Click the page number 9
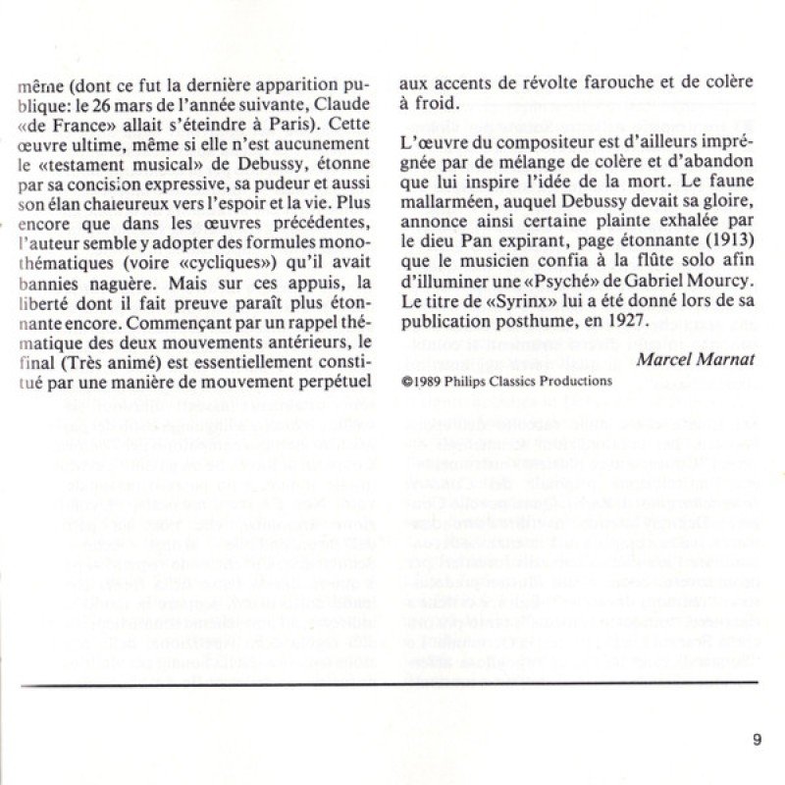(758, 740)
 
